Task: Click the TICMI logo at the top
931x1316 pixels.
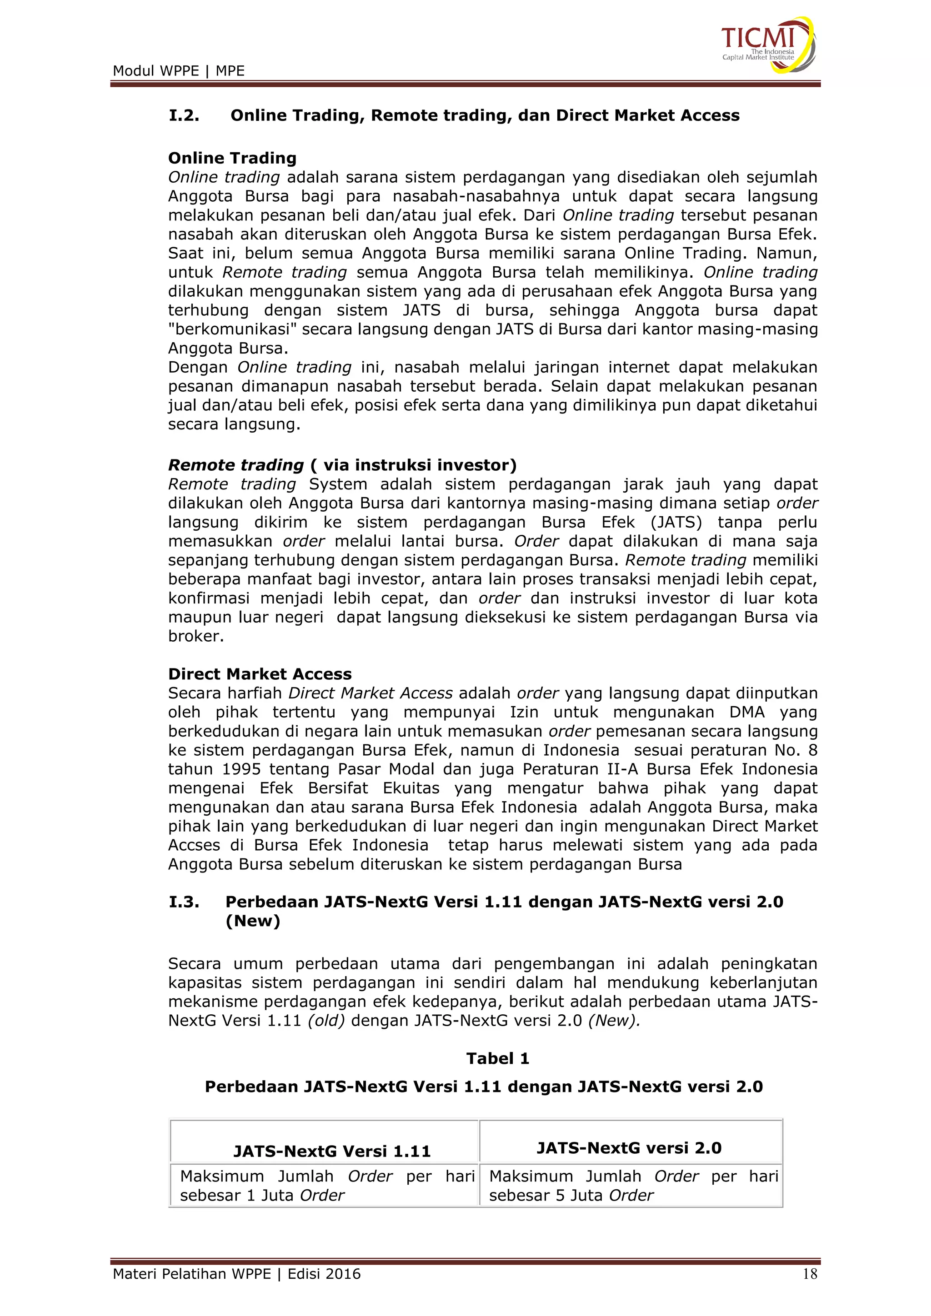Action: [767, 45]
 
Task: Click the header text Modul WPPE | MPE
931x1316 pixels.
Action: [178, 71]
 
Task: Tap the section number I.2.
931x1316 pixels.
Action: [184, 116]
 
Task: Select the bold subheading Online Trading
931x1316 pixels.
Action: [232, 158]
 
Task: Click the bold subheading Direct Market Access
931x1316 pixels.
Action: [260, 674]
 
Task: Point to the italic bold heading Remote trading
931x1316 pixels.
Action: [235, 465]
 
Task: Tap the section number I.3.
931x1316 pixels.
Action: [184, 902]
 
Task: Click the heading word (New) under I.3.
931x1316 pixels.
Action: [253, 921]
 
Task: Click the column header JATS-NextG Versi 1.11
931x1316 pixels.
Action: [331, 1151]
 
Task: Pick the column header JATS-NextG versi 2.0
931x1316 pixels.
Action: [629, 1147]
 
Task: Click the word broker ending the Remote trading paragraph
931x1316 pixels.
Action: [195, 636]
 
